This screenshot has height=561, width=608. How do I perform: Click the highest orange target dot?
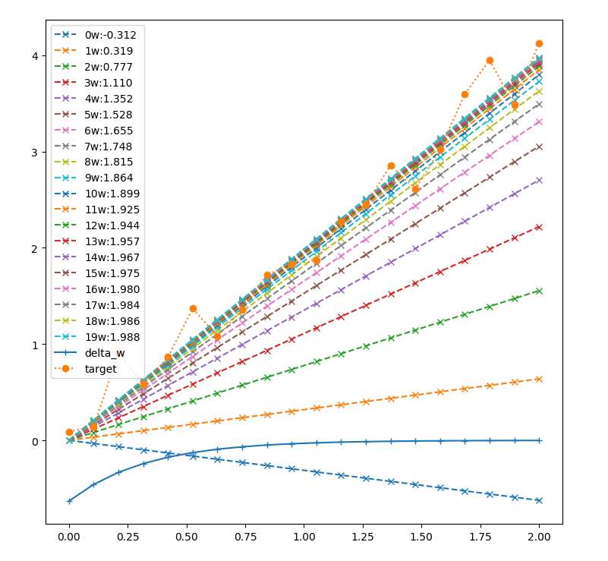(x=539, y=44)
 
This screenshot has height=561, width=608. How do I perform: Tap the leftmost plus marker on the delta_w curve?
(x=69, y=501)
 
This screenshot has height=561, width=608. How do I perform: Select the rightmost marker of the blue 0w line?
(x=539, y=500)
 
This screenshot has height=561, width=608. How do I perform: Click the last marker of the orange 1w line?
(x=539, y=379)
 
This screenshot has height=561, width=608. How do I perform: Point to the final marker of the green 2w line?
(x=539, y=291)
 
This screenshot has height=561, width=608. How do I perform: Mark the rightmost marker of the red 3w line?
(x=539, y=227)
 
